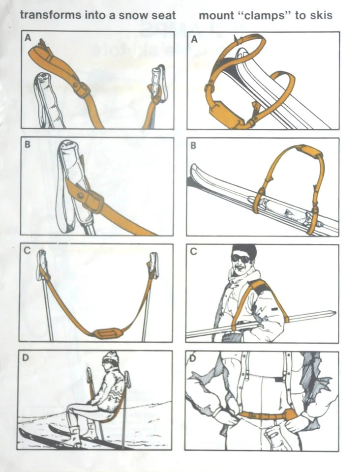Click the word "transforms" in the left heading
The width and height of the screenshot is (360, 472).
(x=51, y=15)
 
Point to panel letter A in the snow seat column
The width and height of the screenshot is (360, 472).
(x=28, y=38)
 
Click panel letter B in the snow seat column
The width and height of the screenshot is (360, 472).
(x=28, y=145)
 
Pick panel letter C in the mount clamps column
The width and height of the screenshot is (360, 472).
(x=194, y=251)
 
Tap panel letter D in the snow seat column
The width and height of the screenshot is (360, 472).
(x=26, y=357)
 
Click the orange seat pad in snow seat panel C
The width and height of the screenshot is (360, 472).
(x=107, y=333)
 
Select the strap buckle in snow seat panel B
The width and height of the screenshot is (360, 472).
(x=92, y=199)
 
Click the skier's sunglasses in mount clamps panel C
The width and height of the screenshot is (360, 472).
(x=241, y=258)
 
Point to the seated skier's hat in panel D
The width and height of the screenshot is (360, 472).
(x=111, y=357)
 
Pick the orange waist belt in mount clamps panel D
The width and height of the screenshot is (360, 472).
(x=266, y=415)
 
